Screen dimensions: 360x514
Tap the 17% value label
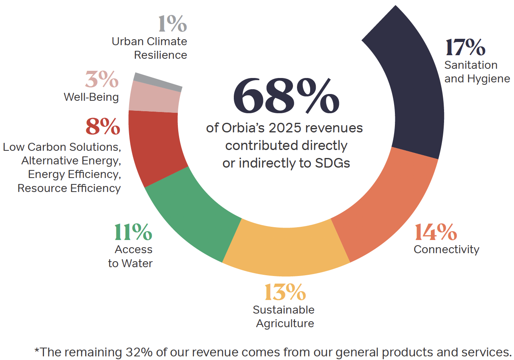465,48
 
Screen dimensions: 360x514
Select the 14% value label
436,232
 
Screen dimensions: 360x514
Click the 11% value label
133,232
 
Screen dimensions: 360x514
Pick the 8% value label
103,127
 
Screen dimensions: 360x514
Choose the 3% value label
102,80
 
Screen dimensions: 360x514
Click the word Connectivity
446,250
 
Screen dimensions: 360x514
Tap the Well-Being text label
91,97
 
